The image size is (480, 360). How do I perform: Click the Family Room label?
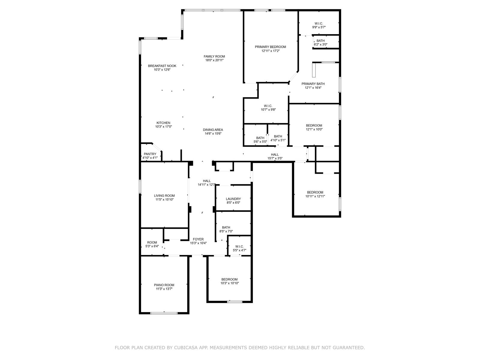(214, 56)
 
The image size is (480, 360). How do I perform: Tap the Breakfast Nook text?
(162, 66)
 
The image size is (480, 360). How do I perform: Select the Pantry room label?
(150, 154)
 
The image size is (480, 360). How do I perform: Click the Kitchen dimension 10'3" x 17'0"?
(163, 127)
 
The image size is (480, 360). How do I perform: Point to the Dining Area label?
(213, 130)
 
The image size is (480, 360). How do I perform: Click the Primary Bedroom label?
(270, 47)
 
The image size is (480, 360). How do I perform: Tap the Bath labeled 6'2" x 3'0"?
(320, 41)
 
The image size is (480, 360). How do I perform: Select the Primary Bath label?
(313, 84)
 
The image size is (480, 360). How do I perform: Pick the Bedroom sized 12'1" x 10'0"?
(314, 126)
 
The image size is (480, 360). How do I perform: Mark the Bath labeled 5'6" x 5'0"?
(260, 138)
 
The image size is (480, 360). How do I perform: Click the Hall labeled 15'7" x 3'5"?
(275, 155)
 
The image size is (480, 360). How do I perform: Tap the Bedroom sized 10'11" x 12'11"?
(315, 193)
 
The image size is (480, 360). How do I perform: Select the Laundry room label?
(233, 199)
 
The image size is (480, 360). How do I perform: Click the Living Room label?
(164, 196)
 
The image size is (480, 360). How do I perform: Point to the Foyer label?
(198, 239)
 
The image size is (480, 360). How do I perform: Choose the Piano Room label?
(164, 285)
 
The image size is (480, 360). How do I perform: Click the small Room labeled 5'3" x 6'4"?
(152, 243)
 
